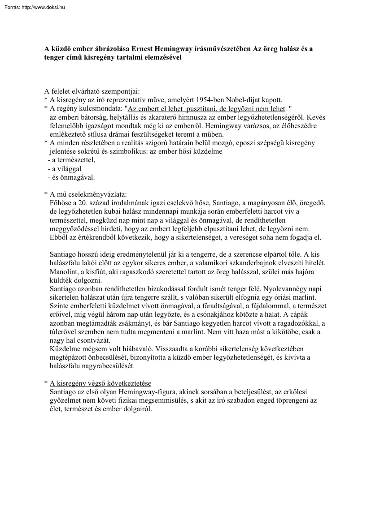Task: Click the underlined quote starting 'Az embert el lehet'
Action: click(207, 108)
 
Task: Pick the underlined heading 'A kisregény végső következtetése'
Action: click(100, 383)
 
